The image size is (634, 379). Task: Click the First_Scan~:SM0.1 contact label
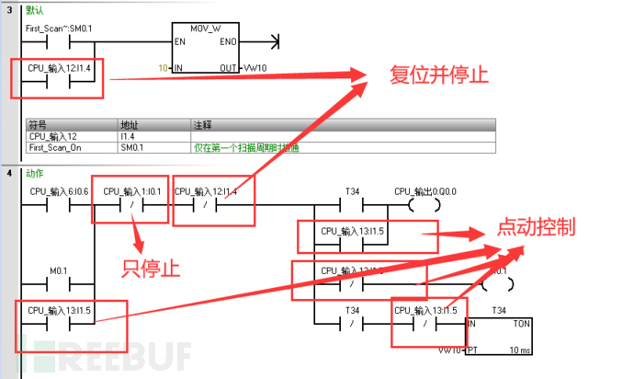[59, 29]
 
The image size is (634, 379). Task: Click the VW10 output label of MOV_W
[255, 68]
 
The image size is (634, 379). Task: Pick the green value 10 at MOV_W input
[164, 68]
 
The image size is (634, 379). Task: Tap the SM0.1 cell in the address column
[133, 147]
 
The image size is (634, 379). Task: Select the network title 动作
[35, 173]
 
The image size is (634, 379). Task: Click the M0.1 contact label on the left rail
[59, 270]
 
